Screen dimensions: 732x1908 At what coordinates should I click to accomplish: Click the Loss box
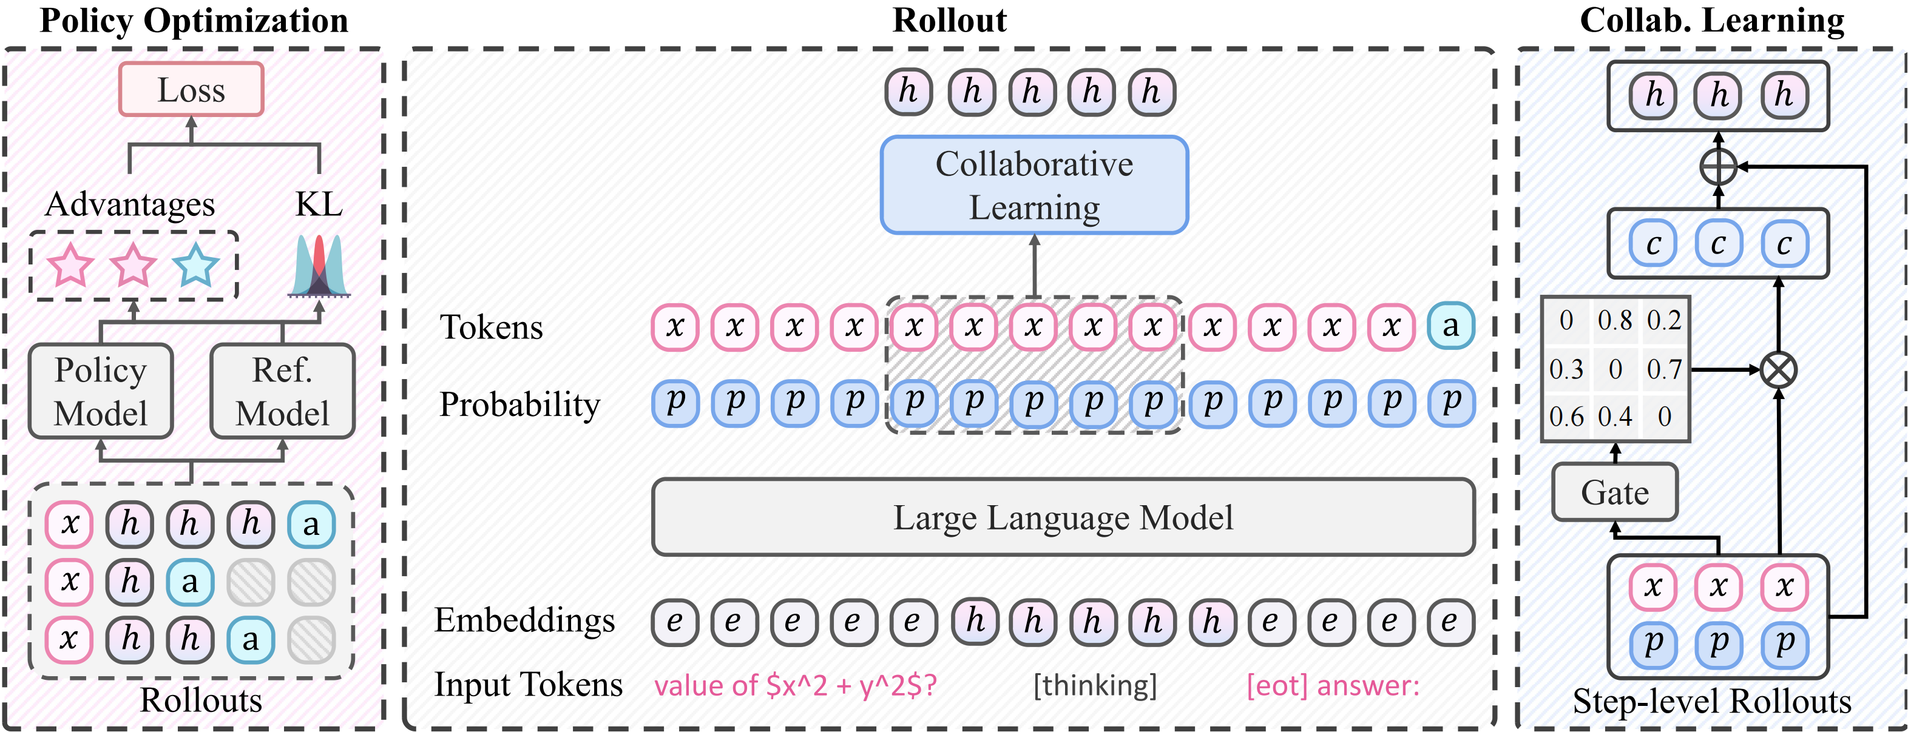pos(191,90)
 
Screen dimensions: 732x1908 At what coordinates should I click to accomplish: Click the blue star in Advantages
pos(195,265)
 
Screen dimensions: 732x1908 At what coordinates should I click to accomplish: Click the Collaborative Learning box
pos(1034,185)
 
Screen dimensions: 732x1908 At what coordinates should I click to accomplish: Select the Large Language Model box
pos(1063,517)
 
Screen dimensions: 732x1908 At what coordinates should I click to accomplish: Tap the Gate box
pos(1615,492)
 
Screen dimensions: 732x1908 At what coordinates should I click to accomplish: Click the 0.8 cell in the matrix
pos(1615,320)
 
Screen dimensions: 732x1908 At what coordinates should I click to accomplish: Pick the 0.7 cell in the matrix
pos(1663,369)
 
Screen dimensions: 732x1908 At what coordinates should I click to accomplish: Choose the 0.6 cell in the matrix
pos(1566,417)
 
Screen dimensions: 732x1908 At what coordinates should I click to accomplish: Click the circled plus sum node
pos(1719,167)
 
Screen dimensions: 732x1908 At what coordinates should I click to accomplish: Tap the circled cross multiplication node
pos(1778,369)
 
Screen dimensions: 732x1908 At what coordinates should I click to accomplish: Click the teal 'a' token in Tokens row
pos(1450,326)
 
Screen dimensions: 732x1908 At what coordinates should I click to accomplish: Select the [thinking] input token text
pos(1095,685)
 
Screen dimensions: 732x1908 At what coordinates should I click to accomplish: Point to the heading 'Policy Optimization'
pos(194,21)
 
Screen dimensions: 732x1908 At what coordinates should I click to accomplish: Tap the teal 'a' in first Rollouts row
pos(311,524)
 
